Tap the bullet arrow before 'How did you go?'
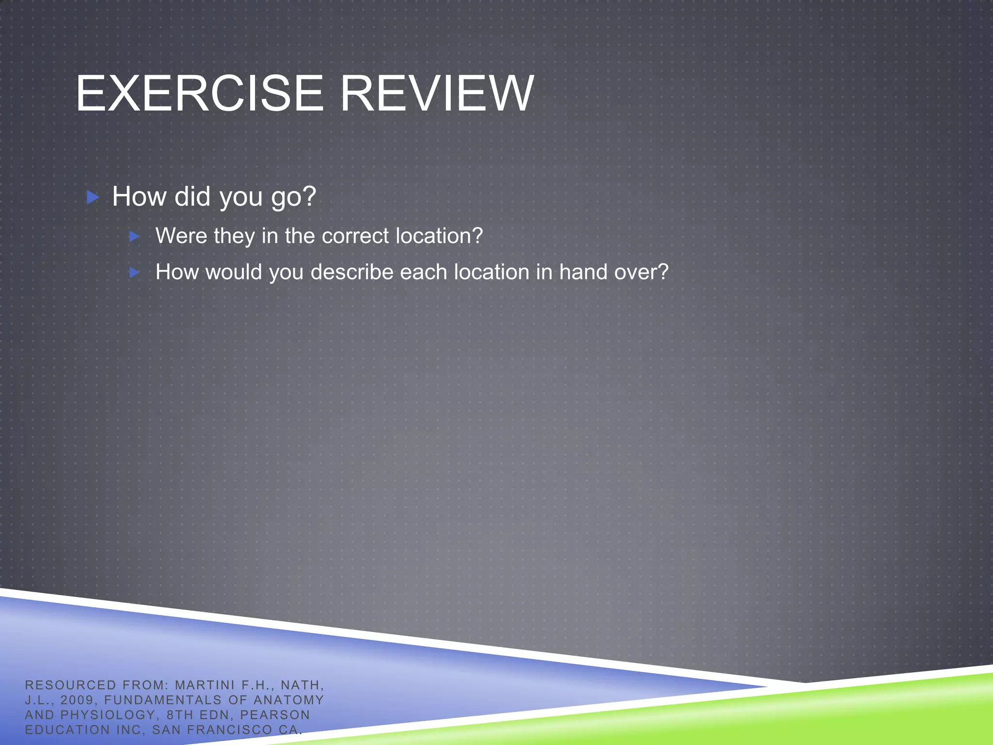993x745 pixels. coord(93,197)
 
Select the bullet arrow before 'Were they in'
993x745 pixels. coord(135,237)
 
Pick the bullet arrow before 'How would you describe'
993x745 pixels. coord(135,273)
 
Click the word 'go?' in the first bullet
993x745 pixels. coord(293,197)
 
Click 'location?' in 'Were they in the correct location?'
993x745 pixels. coord(439,236)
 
